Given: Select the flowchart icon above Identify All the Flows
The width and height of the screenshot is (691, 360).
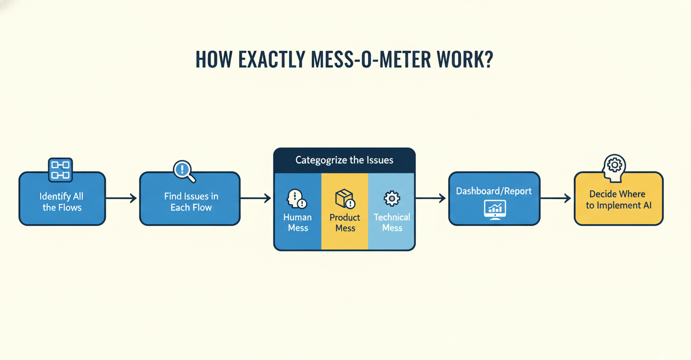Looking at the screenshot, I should pyautogui.click(x=60, y=170).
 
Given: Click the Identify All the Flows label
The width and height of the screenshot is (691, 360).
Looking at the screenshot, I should pyautogui.click(x=62, y=202).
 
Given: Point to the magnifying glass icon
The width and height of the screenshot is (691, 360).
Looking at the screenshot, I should pyautogui.click(x=184, y=171).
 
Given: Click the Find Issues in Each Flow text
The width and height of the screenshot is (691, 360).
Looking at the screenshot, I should pyautogui.click(x=191, y=202).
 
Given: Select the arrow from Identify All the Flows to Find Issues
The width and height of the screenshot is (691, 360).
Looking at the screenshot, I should pyautogui.click(x=121, y=198).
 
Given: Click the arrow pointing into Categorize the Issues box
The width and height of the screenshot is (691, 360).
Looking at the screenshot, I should pyautogui.click(x=256, y=198).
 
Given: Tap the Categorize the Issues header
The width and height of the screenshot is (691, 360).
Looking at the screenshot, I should pyautogui.click(x=344, y=160).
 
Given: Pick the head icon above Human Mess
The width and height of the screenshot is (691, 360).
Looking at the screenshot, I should pyautogui.click(x=297, y=199).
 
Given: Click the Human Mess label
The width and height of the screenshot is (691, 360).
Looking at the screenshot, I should pyautogui.click(x=297, y=223).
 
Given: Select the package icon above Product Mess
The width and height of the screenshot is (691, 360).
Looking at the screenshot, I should pyautogui.click(x=344, y=199).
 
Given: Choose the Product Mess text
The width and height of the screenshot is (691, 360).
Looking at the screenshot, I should pyautogui.click(x=345, y=223).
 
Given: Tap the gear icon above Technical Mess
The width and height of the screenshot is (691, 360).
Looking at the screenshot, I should pyautogui.click(x=392, y=199).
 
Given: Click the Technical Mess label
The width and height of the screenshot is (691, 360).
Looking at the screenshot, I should pyautogui.click(x=392, y=223).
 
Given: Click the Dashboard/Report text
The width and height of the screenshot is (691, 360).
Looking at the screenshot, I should pyautogui.click(x=494, y=191).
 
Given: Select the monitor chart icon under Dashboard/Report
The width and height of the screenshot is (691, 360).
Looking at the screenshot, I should pyautogui.click(x=495, y=209).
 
